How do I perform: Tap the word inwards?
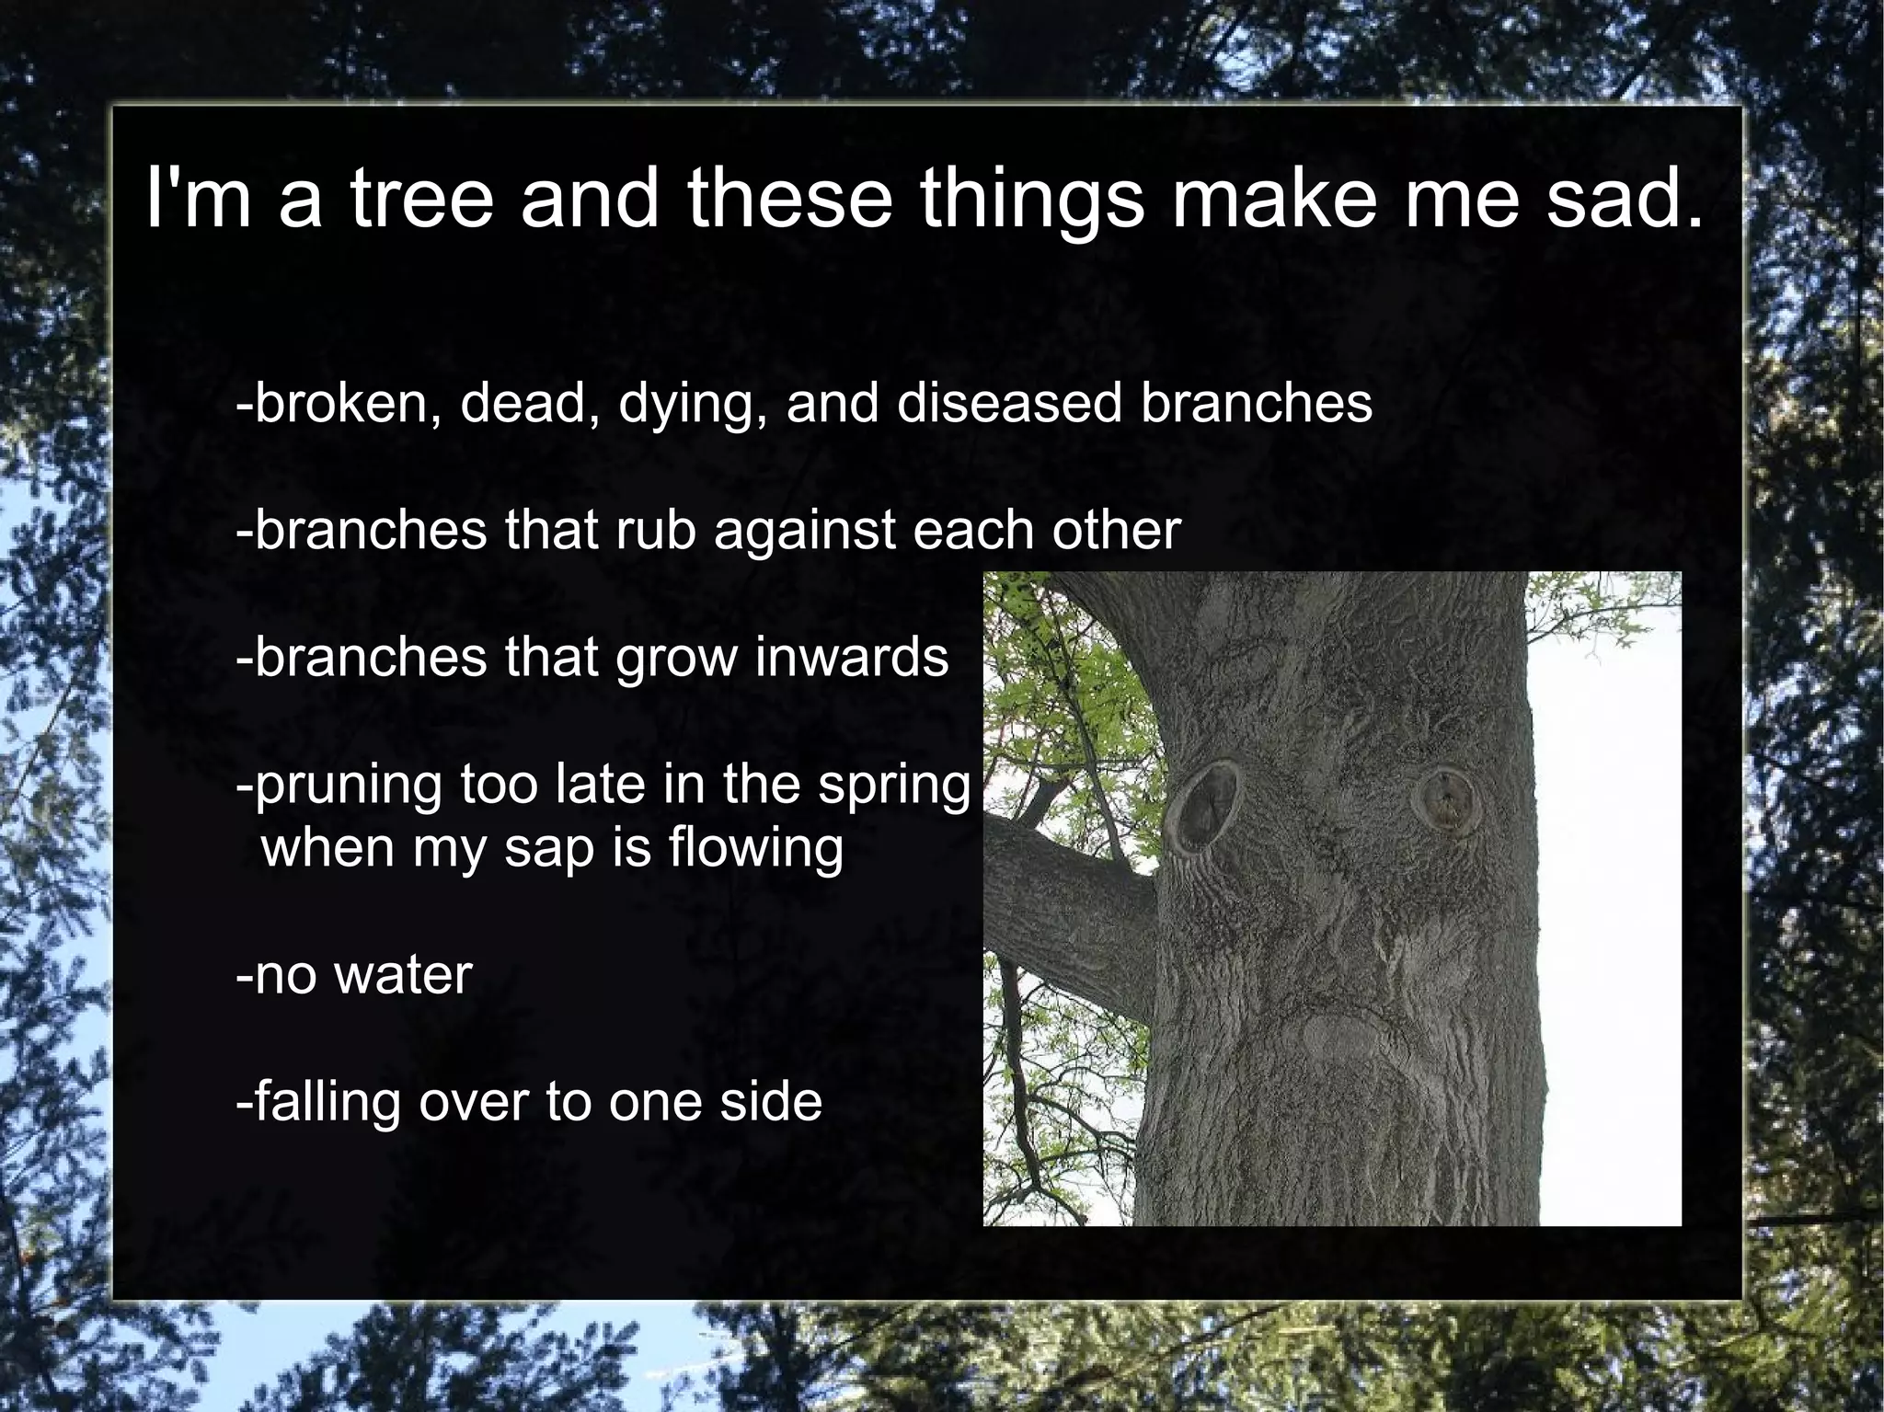click(852, 656)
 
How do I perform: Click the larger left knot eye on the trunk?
click(1207, 805)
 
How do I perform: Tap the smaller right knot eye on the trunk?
click(1443, 797)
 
